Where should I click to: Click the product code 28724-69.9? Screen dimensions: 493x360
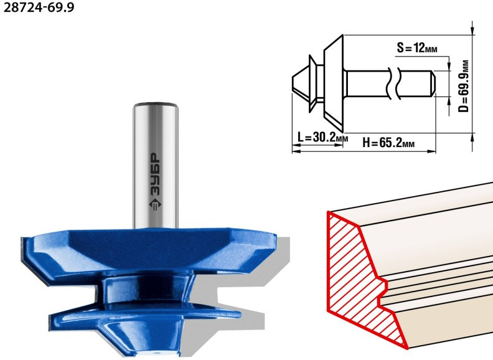point(39,7)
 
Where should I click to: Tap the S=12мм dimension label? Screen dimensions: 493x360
point(417,48)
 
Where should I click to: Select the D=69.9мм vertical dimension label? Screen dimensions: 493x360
point(464,86)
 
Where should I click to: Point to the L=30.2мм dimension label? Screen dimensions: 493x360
point(322,137)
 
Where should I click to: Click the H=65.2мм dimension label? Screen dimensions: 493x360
point(388,143)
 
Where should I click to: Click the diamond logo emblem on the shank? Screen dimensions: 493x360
point(155,204)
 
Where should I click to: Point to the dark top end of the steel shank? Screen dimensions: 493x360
point(156,104)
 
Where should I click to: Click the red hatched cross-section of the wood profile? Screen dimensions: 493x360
point(359,277)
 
